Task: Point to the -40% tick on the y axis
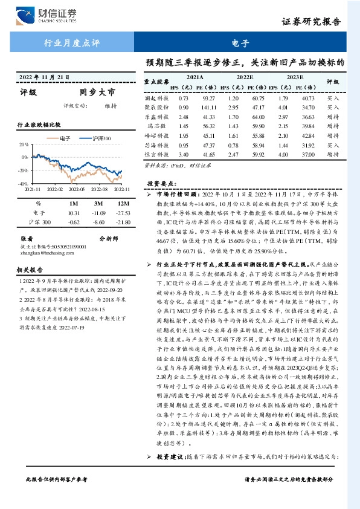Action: pos(23,183)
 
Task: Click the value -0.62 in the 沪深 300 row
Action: pos(74,222)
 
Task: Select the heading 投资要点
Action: pos(161,183)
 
